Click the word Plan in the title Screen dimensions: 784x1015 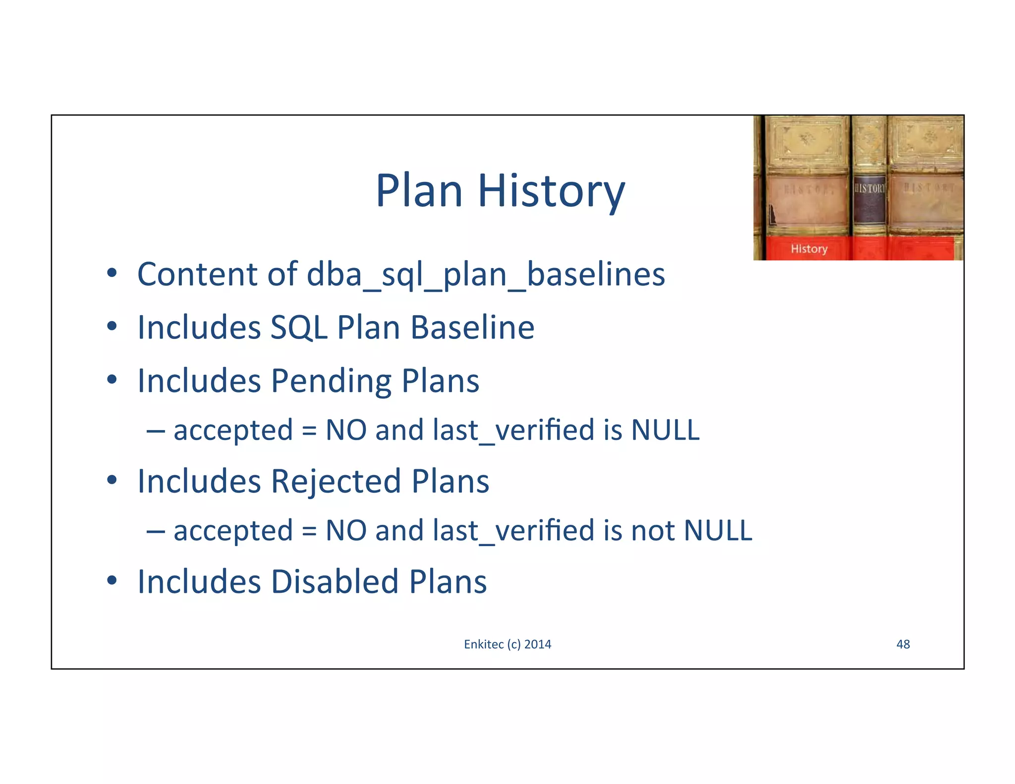(x=419, y=191)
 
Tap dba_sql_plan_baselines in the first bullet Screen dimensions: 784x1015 (x=486, y=274)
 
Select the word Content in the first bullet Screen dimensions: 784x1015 (x=197, y=274)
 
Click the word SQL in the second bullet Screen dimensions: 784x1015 (x=298, y=328)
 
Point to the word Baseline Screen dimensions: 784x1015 (x=472, y=328)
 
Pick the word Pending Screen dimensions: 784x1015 (x=331, y=381)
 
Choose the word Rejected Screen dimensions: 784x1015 (x=335, y=481)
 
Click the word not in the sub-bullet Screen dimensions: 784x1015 (x=653, y=530)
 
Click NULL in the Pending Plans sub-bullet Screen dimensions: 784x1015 (x=665, y=430)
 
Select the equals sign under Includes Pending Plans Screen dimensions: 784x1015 (x=309, y=431)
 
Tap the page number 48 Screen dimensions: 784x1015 (x=903, y=644)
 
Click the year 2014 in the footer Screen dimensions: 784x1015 (x=538, y=644)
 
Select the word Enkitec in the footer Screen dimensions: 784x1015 (x=483, y=644)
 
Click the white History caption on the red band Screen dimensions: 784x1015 (x=809, y=249)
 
